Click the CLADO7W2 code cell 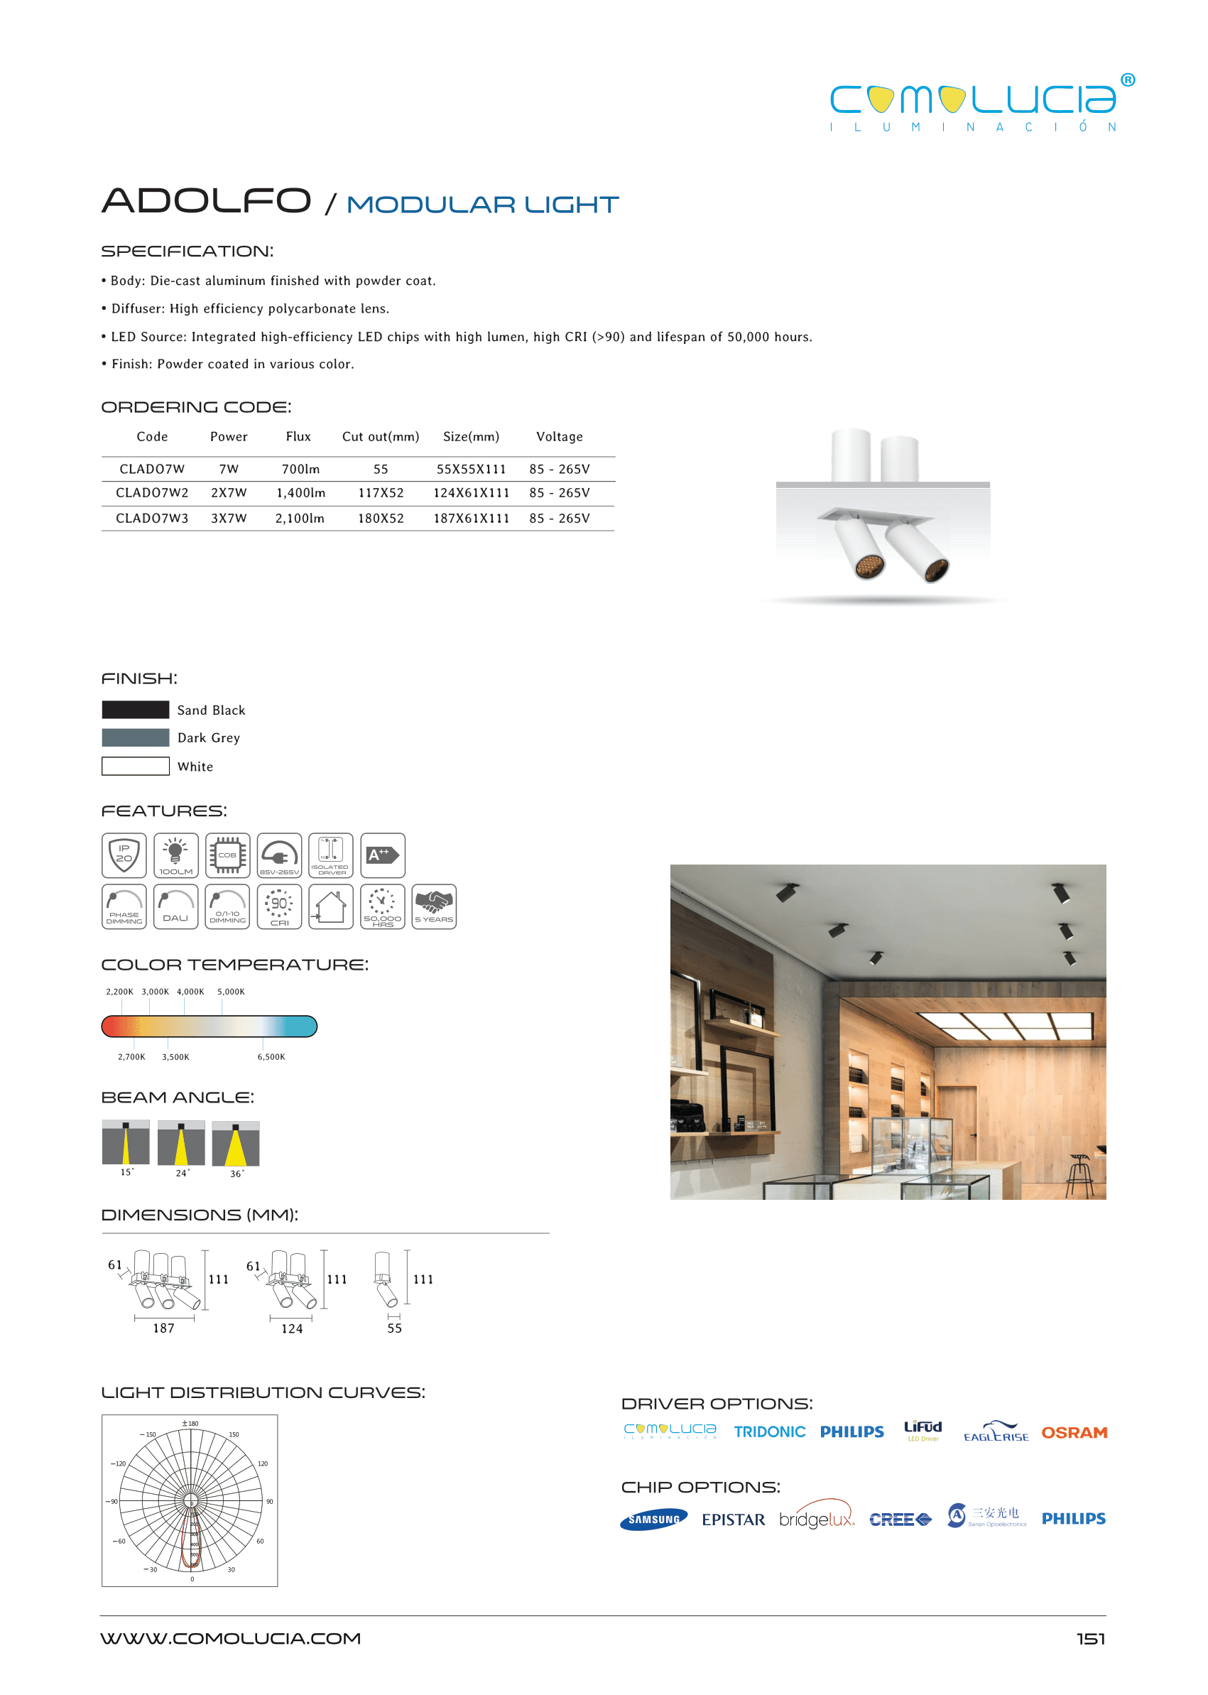tap(152, 492)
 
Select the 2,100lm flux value tap(300, 518)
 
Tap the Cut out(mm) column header tap(380, 437)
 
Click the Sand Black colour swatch tap(136, 709)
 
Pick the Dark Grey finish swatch tap(136, 737)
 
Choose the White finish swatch tap(136, 766)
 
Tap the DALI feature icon tap(175, 906)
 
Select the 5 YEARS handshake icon tap(434, 906)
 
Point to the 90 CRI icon tap(279, 906)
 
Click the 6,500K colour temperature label tap(271, 1056)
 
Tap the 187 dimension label tap(163, 1328)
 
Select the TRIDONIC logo tap(769, 1431)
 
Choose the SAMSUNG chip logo tap(653, 1520)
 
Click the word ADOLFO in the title tap(206, 201)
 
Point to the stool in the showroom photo tap(1079, 1174)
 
